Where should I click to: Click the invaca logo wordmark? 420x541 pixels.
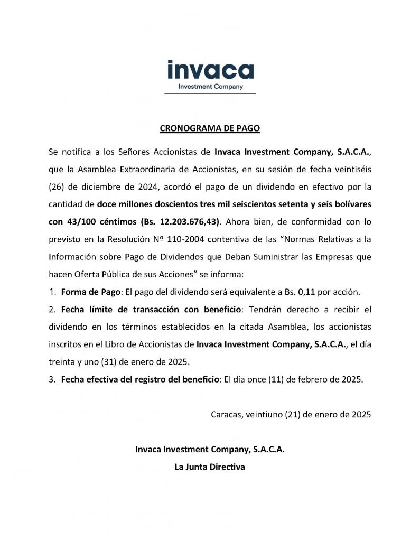coord(210,70)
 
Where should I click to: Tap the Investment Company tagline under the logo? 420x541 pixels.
coord(210,87)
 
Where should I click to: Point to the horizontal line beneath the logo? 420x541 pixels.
coord(210,94)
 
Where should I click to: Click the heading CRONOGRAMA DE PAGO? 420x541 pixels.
coord(210,128)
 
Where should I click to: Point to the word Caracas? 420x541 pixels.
coord(225,415)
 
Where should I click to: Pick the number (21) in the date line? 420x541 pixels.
coord(293,415)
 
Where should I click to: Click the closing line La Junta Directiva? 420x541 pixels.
coord(210,467)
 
